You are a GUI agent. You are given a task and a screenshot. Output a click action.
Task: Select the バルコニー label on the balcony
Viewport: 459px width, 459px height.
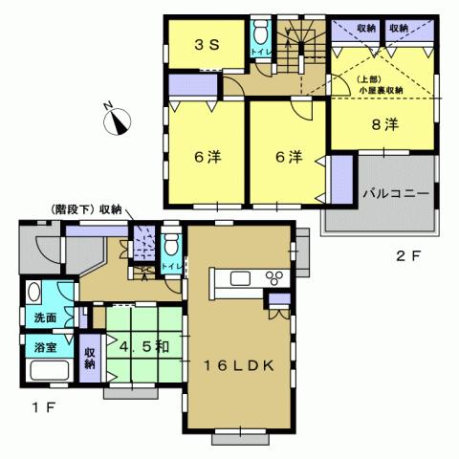(394, 191)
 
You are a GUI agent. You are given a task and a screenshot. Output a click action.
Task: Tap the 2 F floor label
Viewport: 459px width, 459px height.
(408, 256)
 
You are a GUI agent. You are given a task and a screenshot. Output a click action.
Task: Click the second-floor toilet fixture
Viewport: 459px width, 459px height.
(258, 40)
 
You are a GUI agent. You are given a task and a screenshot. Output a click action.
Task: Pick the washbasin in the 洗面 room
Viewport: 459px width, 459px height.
(33, 294)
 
